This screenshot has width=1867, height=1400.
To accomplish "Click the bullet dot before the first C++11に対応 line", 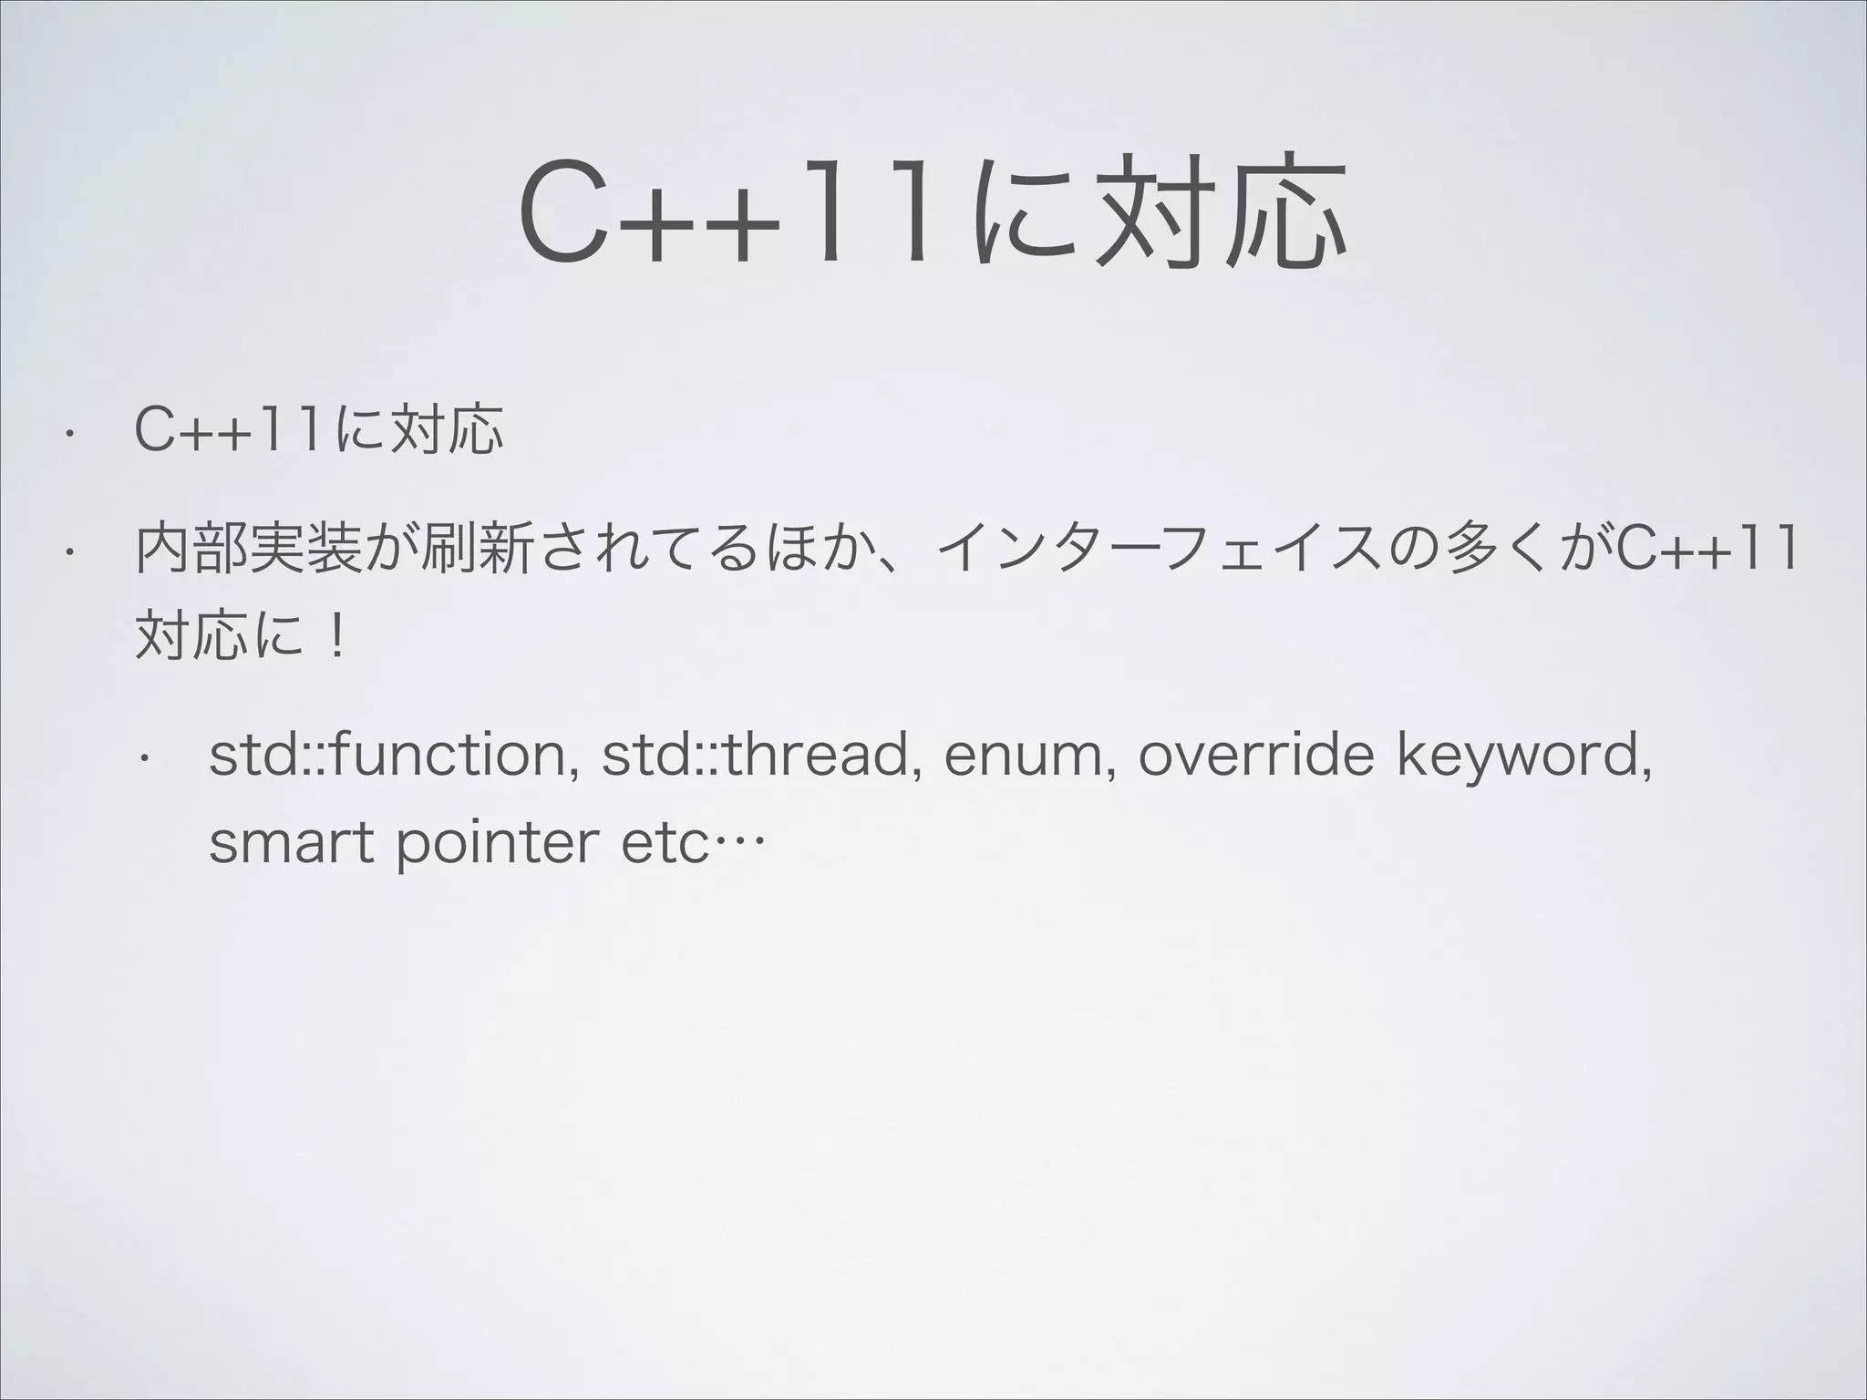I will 66,434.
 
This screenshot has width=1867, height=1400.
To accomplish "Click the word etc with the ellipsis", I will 690,845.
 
